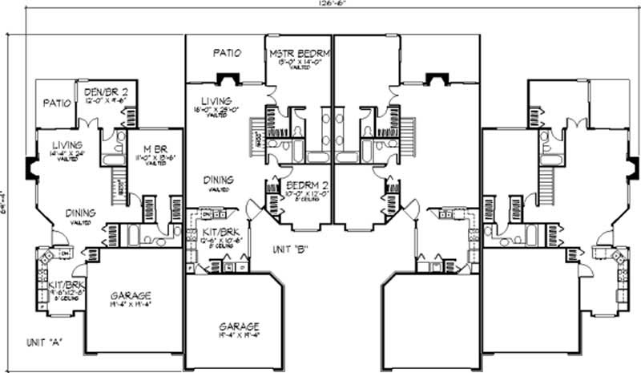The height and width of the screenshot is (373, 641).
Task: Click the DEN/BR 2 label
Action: coord(106,92)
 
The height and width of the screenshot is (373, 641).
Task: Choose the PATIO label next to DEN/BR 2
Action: coord(57,103)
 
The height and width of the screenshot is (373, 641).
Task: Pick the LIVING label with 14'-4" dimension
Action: coord(67,145)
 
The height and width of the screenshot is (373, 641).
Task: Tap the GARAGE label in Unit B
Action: coord(239,326)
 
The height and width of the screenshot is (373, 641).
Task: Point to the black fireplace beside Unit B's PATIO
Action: coord(228,79)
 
